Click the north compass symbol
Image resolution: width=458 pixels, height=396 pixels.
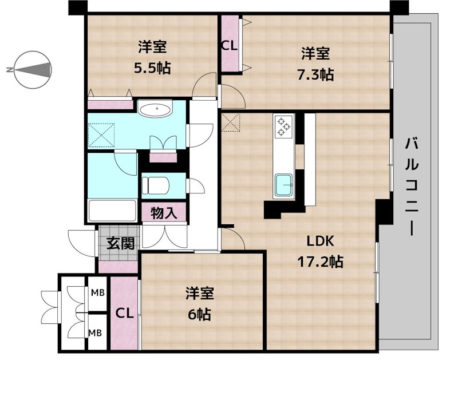[32, 70]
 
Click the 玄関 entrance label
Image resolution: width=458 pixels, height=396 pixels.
[120, 243]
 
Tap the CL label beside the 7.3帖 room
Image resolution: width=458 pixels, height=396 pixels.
[230, 46]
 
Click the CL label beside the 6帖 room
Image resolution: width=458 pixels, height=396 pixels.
[125, 314]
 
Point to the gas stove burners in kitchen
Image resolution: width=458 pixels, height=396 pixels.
[283, 126]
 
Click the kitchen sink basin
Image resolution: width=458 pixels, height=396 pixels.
[284, 185]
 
